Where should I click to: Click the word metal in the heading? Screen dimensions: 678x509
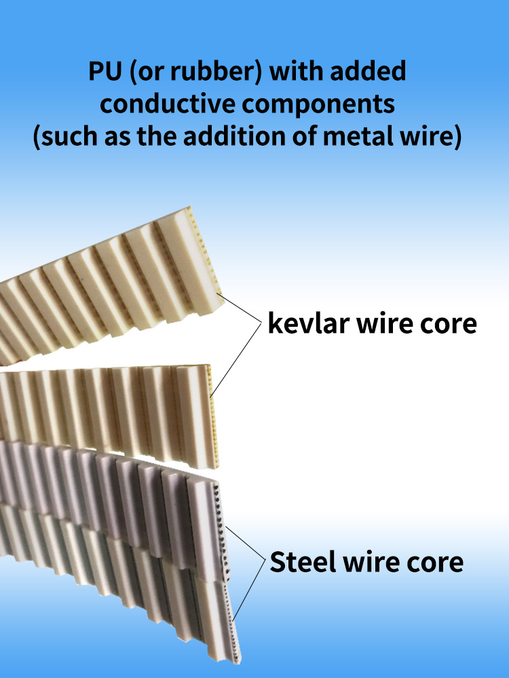click(x=381, y=137)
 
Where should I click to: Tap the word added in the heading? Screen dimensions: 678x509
click(x=371, y=73)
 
